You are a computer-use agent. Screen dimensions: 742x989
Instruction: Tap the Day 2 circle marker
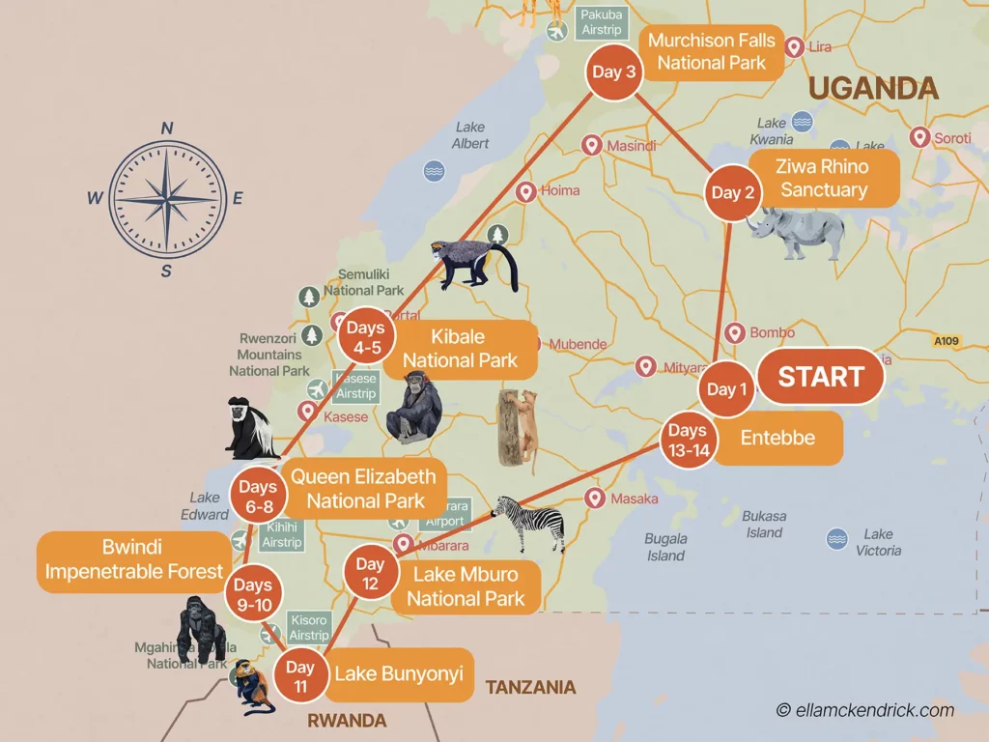pyautogui.click(x=733, y=193)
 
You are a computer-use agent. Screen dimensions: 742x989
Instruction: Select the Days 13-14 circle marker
pyautogui.click(x=688, y=441)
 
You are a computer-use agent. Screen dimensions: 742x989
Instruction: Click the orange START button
pyautogui.click(x=820, y=377)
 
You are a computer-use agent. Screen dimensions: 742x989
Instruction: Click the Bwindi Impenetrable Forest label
pyautogui.click(x=134, y=559)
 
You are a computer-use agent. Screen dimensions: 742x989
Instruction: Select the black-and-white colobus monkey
pyautogui.click(x=248, y=428)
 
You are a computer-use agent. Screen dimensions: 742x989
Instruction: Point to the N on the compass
pyautogui.click(x=167, y=128)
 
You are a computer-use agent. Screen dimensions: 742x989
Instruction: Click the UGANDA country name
pyautogui.click(x=873, y=89)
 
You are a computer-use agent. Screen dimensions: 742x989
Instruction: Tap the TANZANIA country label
pyautogui.click(x=530, y=688)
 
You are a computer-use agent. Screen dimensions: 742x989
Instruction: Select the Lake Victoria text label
pyautogui.click(x=878, y=542)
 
